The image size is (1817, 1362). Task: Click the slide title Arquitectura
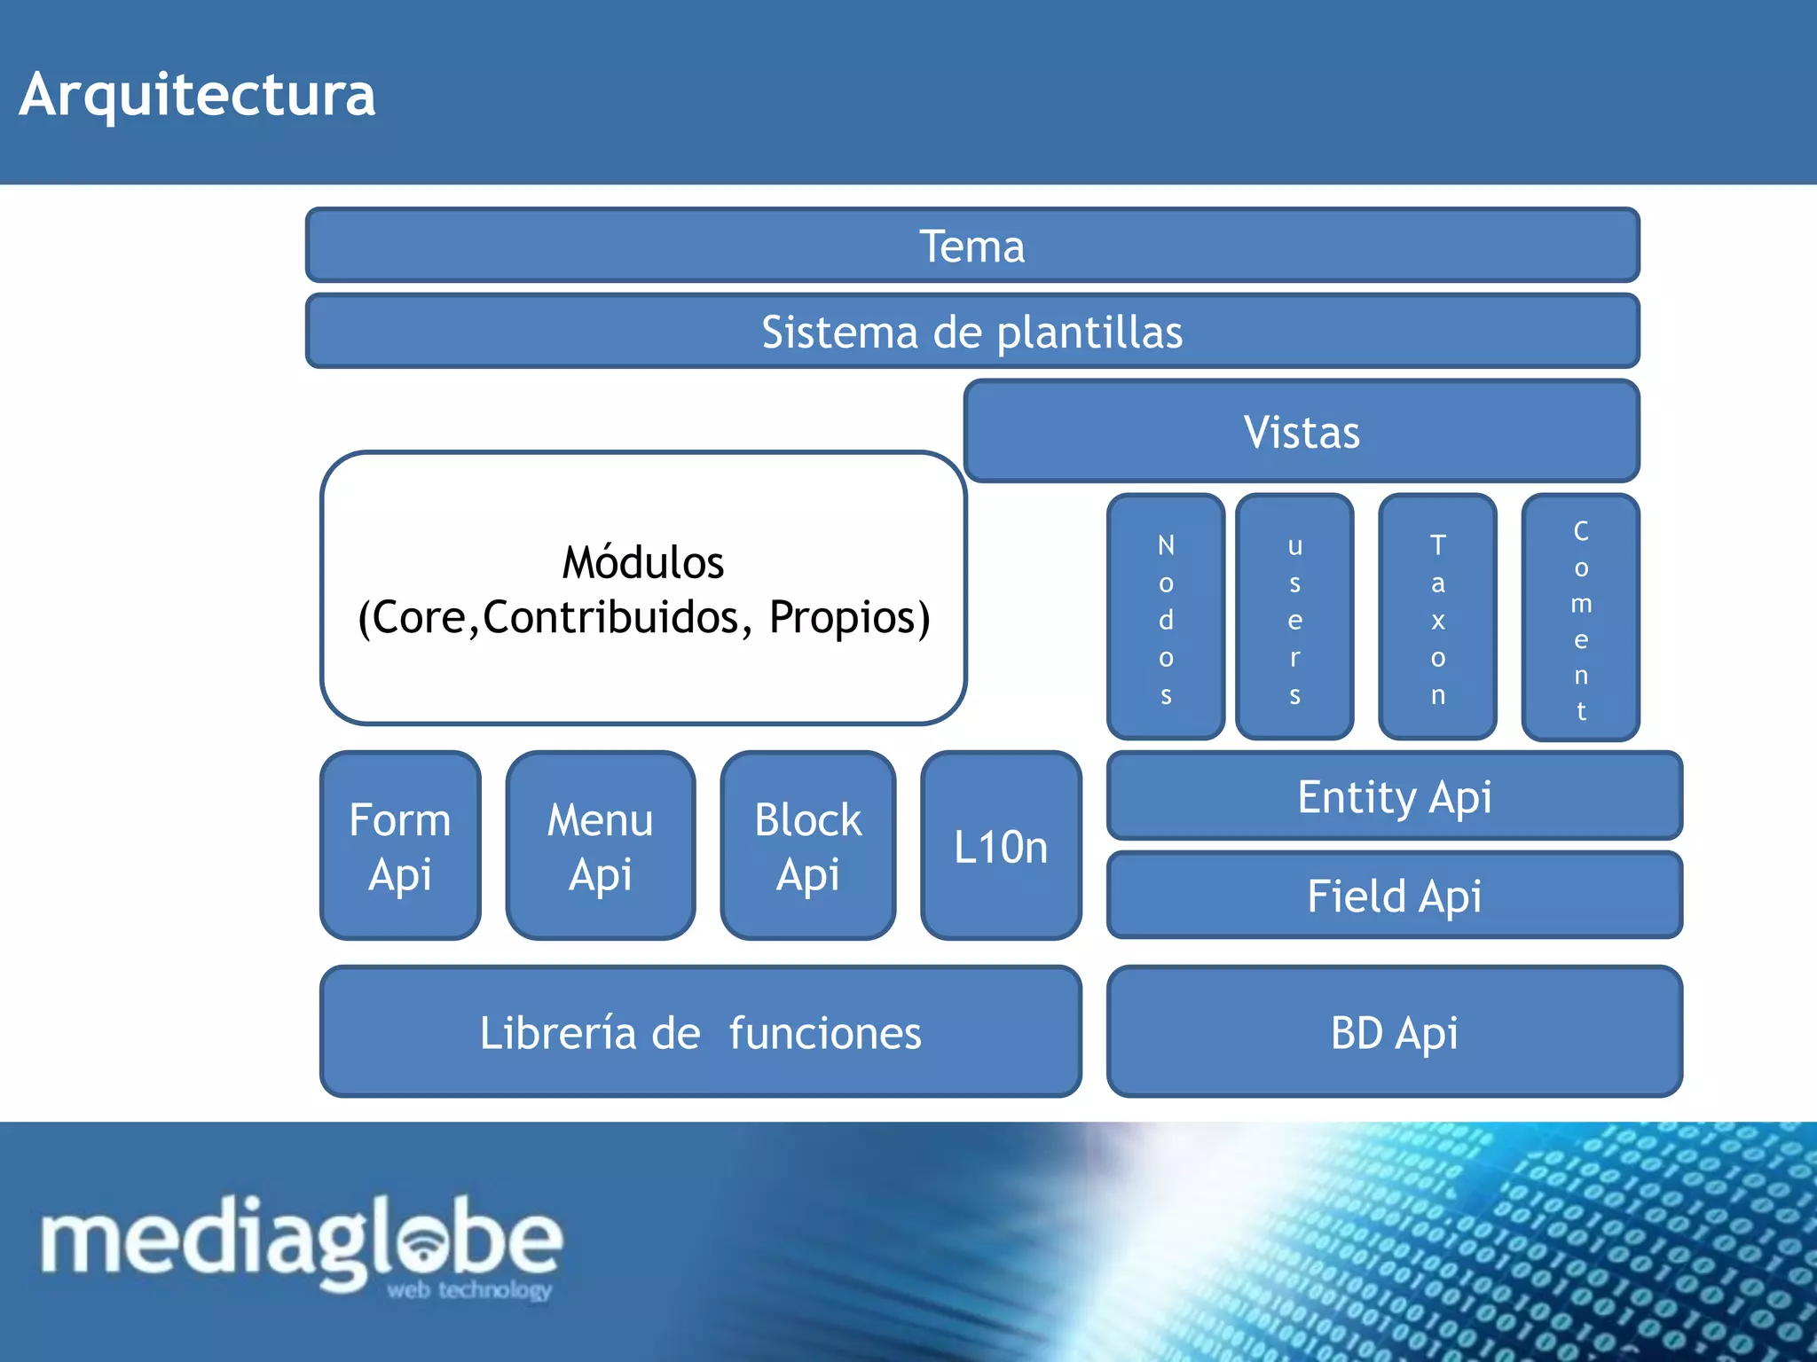tap(197, 94)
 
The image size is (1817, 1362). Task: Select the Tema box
tap(972, 246)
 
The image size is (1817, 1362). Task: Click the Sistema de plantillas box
tap(972, 332)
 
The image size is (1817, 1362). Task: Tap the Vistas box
tap(1302, 432)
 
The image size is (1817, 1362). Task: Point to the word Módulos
tap(643, 562)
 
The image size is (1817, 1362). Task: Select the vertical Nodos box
tap(1166, 617)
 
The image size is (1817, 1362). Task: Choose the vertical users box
tap(1294, 617)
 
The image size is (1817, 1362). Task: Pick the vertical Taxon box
tap(1437, 617)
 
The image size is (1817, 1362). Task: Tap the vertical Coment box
tap(1580, 617)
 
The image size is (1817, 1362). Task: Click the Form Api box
tap(400, 846)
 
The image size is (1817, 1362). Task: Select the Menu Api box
tap(601, 846)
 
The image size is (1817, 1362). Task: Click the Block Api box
tap(807, 846)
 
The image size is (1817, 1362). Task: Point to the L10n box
tap(1001, 846)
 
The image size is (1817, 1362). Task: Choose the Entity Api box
tap(1394, 796)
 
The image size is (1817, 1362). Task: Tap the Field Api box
tap(1394, 896)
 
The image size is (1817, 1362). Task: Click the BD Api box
tap(1394, 1032)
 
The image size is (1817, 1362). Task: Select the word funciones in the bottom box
tap(825, 1033)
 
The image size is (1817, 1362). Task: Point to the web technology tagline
tap(469, 1290)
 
